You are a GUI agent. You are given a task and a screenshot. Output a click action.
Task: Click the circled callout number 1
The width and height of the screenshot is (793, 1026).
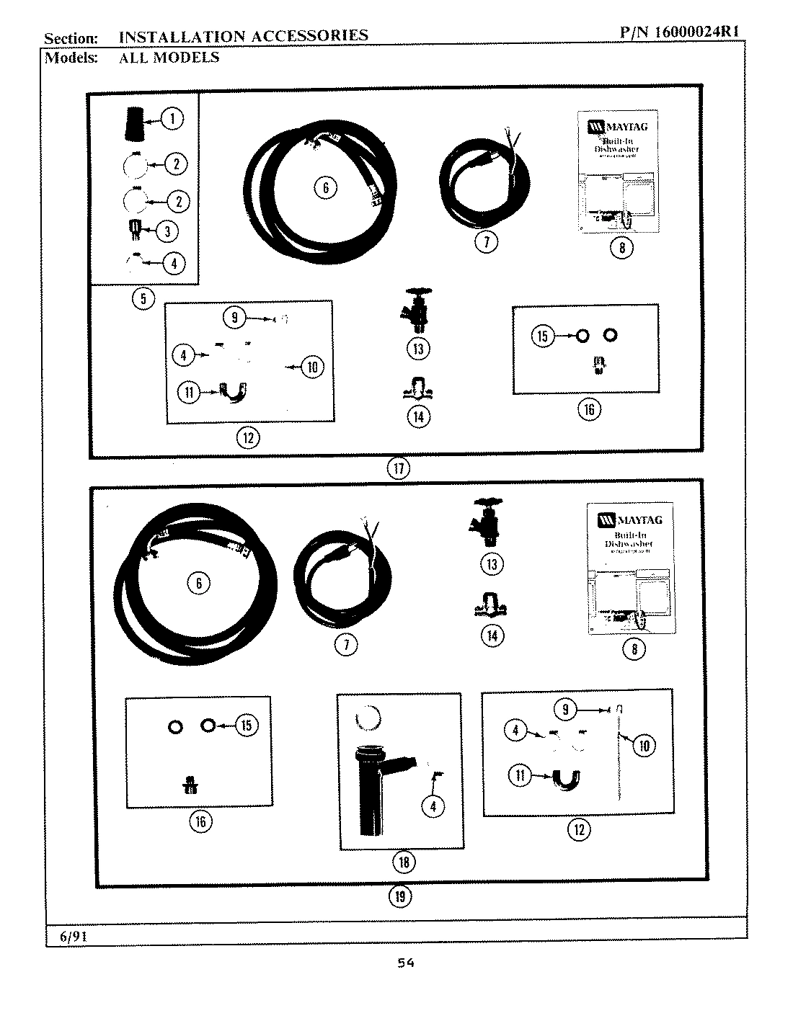coord(172,118)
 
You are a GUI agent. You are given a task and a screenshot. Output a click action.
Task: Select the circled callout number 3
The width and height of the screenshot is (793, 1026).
coord(167,231)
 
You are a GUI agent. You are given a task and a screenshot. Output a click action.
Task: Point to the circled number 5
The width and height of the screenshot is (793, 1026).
coord(143,298)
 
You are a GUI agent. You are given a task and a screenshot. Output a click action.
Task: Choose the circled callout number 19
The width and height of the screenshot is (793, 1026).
coord(401,896)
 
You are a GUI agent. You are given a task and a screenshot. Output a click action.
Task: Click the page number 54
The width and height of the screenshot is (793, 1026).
coord(406,963)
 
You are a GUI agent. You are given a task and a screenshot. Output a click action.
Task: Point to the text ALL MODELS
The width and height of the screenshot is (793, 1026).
coord(169,58)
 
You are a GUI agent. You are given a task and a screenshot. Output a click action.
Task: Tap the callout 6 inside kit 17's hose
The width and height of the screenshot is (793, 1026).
coord(325,188)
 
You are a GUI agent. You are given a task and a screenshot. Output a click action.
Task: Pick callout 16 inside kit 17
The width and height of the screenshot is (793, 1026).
coord(588,409)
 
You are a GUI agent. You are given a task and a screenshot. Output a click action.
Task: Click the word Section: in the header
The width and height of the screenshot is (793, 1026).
coord(71,38)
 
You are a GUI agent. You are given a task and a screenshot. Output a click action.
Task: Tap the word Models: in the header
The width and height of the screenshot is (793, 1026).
coord(71,58)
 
